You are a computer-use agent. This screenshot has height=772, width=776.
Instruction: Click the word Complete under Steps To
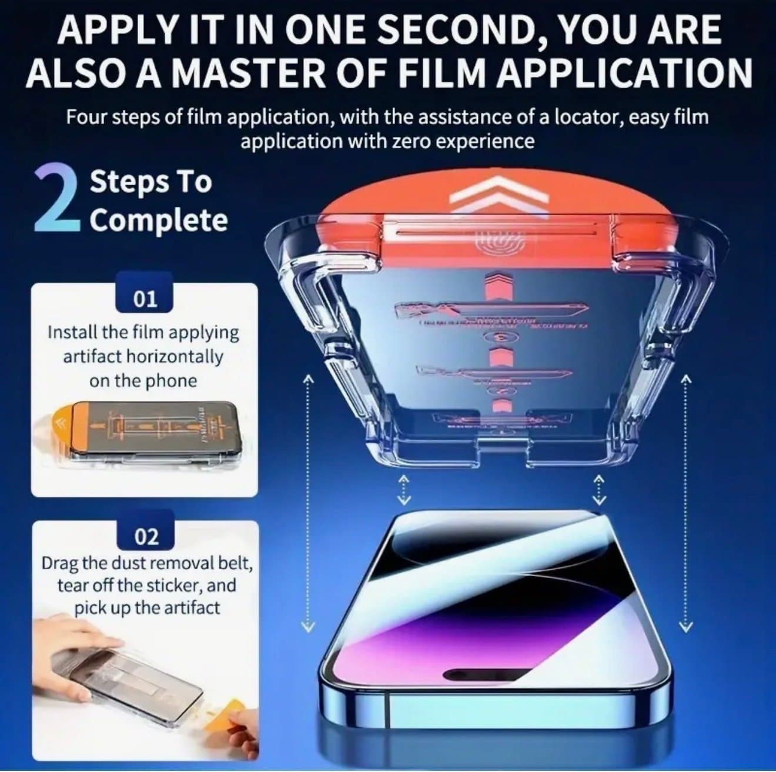[x=158, y=221]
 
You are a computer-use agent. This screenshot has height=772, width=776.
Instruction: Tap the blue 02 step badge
[x=146, y=536]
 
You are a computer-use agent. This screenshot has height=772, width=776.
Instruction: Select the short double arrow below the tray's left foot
[x=403, y=490]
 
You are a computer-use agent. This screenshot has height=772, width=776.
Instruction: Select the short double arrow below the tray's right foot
[x=598, y=490]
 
